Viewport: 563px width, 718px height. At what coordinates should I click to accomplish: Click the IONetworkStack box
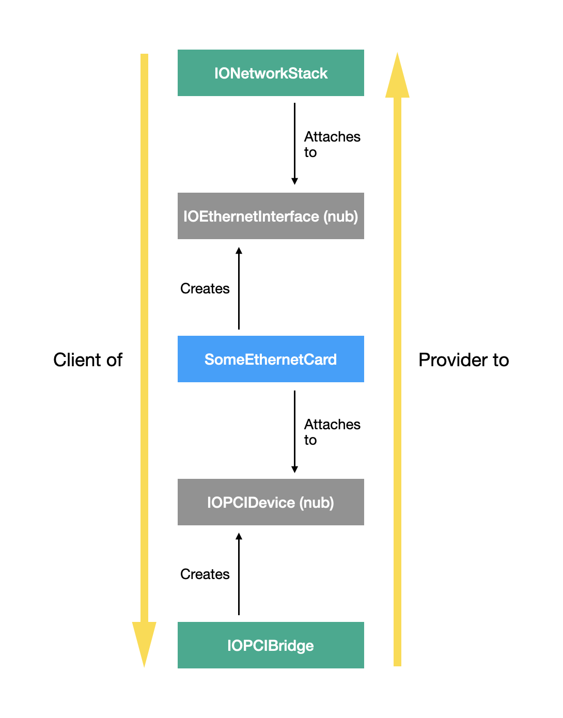[271, 73]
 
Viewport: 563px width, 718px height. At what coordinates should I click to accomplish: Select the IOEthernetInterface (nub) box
[271, 216]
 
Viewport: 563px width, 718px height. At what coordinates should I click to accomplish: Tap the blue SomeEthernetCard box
[271, 359]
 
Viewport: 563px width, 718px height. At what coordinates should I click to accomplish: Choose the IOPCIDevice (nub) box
[271, 502]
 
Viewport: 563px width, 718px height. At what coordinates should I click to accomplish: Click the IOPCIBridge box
[271, 645]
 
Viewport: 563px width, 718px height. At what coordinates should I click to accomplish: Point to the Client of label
[88, 360]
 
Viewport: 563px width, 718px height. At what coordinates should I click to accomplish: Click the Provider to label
[463, 360]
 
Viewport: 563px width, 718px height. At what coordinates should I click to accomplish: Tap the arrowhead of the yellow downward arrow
[144, 643]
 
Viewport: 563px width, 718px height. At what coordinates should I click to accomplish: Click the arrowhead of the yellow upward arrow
[397, 76]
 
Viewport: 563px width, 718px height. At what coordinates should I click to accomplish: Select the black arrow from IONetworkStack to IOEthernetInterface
[294, 144]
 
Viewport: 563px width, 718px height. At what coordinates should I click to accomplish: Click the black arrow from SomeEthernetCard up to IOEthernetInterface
[239, 288]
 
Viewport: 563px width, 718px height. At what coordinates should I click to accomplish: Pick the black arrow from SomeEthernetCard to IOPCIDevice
[294, 431]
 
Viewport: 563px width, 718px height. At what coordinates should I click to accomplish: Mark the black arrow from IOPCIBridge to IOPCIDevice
[239, 574]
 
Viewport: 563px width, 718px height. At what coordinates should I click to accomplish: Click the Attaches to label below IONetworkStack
[332, 144]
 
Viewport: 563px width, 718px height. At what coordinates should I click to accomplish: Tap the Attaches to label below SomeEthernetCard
[332, 432]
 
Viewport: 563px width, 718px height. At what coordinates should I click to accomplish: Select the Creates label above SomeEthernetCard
[205, 288]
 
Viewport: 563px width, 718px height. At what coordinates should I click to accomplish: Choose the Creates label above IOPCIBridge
[205, 574]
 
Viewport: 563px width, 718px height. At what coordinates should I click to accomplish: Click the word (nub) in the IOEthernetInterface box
[340, 216]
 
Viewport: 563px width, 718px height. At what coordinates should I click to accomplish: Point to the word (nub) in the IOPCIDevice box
[317, 503]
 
